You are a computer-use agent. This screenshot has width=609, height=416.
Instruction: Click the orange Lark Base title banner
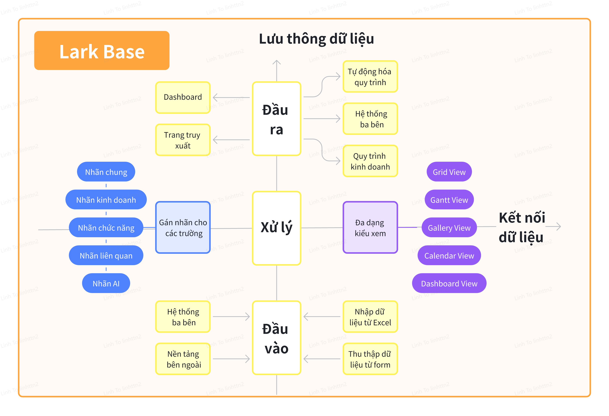[102, 51]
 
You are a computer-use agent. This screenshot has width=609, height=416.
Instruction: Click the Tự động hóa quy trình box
[370, 77]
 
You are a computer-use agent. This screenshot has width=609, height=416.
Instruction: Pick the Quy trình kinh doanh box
[370, 161]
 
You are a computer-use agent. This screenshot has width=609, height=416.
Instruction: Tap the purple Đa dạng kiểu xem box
[370, 227]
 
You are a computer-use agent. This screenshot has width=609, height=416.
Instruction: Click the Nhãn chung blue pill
[106, 172]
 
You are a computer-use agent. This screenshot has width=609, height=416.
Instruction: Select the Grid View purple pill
[449, 172]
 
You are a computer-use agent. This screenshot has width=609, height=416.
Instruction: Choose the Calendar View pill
[449, 255]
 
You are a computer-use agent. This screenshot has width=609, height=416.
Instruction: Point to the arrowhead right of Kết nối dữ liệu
[558, 227]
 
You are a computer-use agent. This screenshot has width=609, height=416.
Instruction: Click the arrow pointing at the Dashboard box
[231, 97]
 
